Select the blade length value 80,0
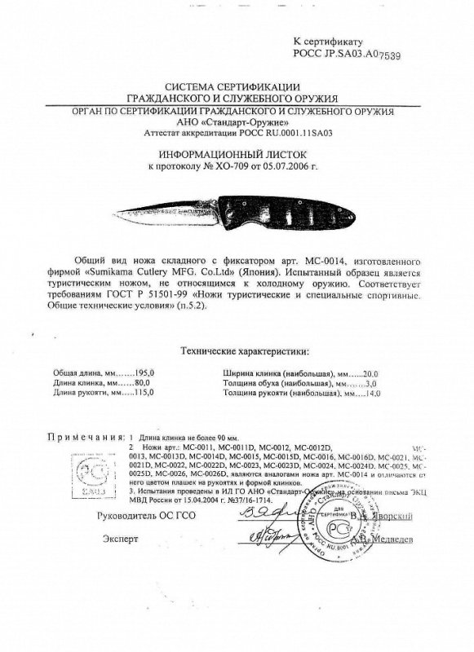click(123, 382)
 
